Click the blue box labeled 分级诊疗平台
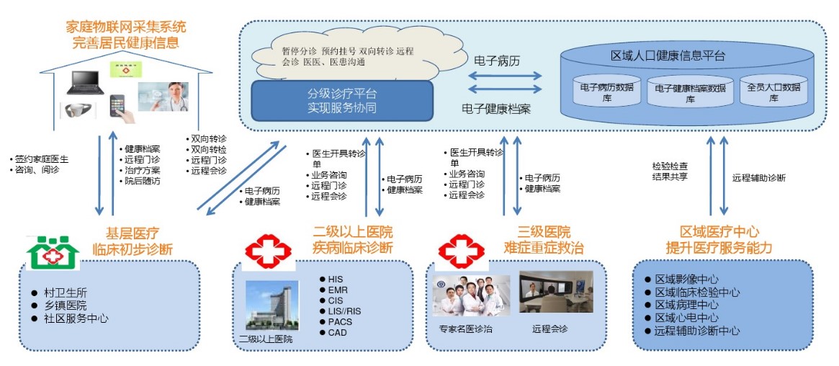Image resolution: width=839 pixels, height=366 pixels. (341, 101)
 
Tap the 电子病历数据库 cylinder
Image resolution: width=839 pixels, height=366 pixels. (606, 91)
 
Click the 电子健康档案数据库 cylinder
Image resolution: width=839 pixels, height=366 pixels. (690, 92)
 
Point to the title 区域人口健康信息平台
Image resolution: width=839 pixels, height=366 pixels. (668, 55)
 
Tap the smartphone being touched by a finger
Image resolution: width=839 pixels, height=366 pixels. (120, 107)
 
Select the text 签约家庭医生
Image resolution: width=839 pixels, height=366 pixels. (40, 159)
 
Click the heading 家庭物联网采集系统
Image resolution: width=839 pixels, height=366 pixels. (125, 27)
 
